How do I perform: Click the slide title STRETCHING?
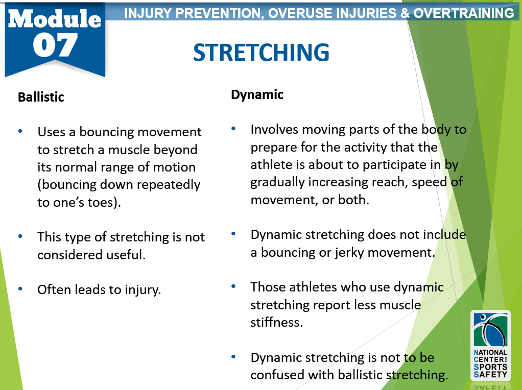pyautogui.click(x=261, y=53)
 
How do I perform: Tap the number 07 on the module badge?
pyautogui.click(x=55, y=45)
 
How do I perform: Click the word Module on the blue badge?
pyautogui.click(x=55, y=19)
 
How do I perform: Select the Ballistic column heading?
pyautogui.click(x=41, y=97)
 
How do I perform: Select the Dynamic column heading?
pyautogui.click(x=257, y=95)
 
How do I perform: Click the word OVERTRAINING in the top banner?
pyautogui.click(x=464, y=13)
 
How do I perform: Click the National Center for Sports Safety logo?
pyautogui.click(x=490, y=346)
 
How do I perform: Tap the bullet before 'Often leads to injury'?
pyautogui.click(x=20, y=289)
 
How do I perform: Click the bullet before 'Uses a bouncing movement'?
pyautogui.click(x=20, y=131)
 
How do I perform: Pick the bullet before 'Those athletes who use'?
pyautogui.click(x=233, y=286)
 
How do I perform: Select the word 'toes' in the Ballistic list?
pyautogui.click(x=100, y=203)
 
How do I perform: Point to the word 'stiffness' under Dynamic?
pyautogui.click(x=277, y=322)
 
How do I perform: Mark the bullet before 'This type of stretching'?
pyautogui.click(x=20, y=236)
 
